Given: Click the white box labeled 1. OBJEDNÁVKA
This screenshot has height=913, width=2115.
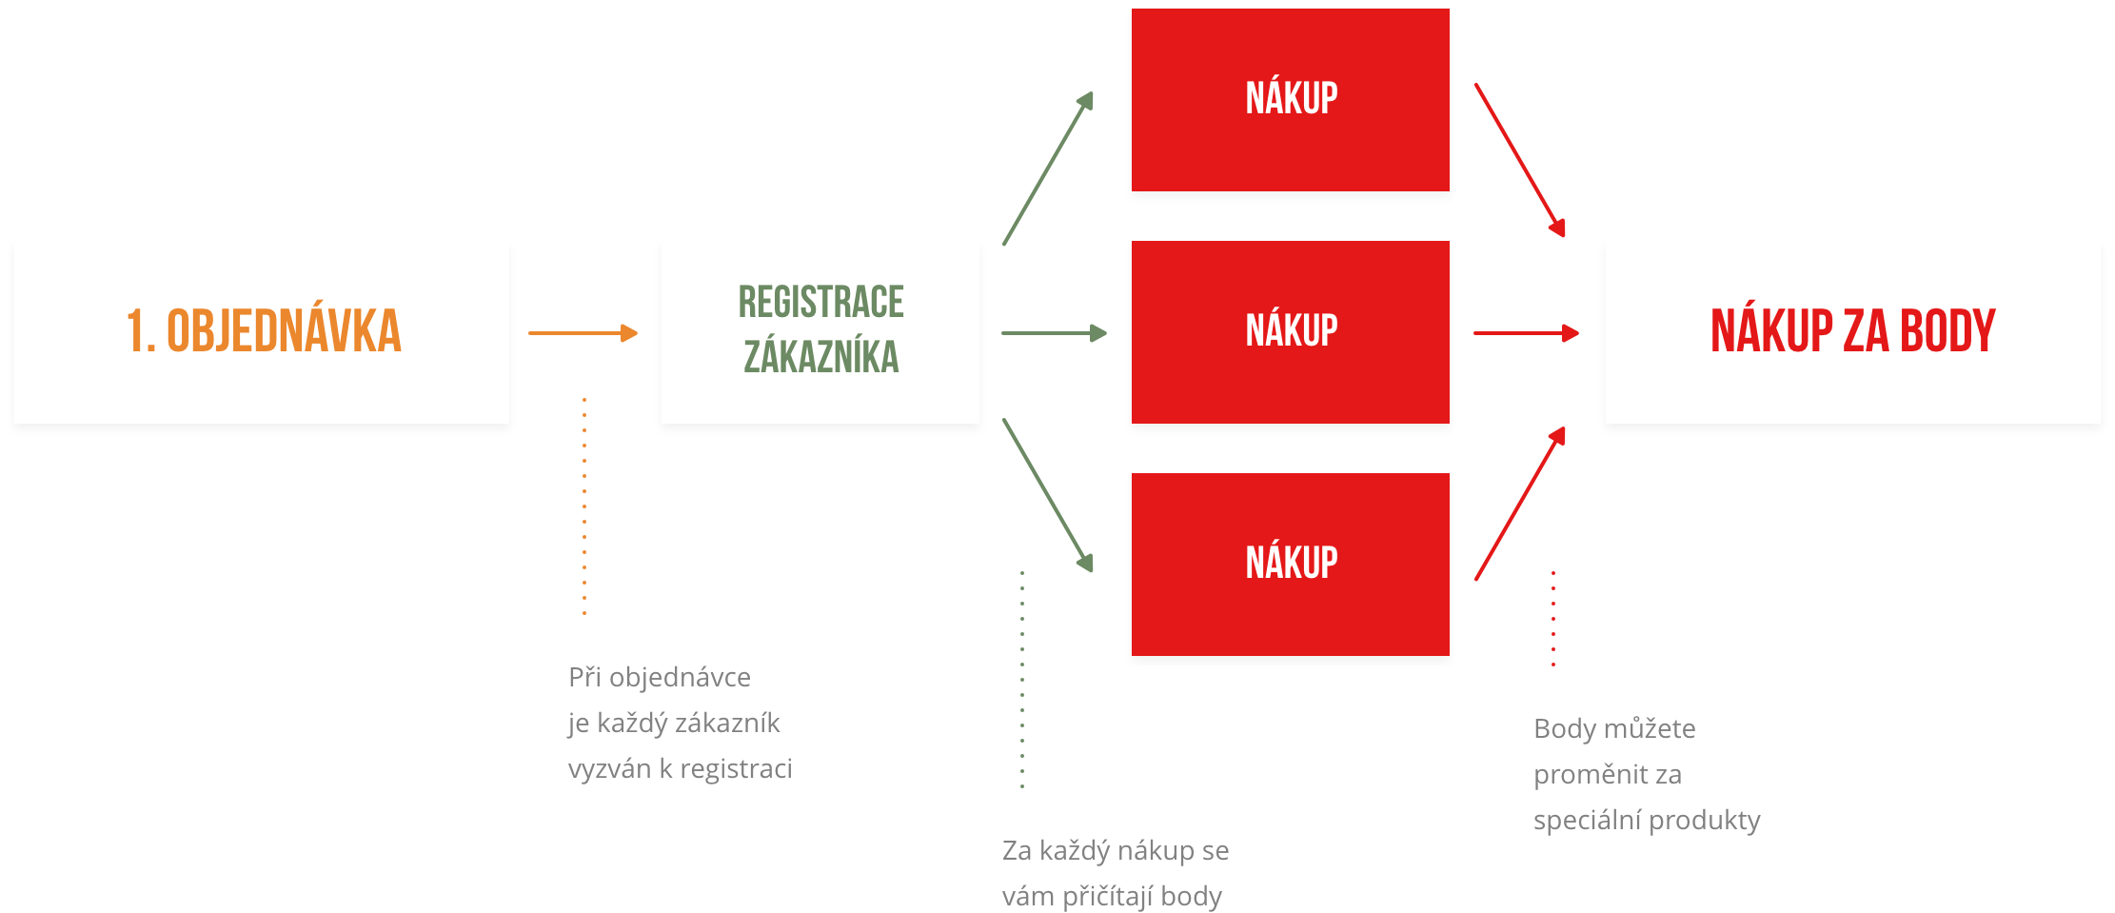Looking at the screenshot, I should click(x=262, y=331).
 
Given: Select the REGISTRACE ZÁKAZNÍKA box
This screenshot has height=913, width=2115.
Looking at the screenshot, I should click(x=820, y=331).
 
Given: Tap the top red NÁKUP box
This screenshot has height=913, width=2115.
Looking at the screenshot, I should click(x=1290, y=100).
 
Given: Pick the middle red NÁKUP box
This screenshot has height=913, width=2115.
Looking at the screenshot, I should click(x=1290, y=331).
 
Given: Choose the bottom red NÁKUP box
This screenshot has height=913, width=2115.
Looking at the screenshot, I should click(x=1290, y=564).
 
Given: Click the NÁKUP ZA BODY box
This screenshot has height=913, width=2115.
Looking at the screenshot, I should click(x=1852, y=331).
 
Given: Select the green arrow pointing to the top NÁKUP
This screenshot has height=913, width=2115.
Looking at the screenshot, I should click(x=1048, y=169).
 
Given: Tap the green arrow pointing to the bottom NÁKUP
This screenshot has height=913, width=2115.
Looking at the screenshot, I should click(x=1048, y=495).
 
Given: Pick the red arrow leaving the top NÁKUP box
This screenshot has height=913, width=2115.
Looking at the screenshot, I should click(x=1520, y=160).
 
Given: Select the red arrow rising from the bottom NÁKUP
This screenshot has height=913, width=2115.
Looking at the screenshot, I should click(x=1520, y=504).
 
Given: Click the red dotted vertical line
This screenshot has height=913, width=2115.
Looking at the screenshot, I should click(x=1553, y=619).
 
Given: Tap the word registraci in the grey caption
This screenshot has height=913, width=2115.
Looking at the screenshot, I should click(x=736, y=769).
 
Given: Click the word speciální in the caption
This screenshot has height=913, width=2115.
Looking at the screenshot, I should click(x=1586, y=821).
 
